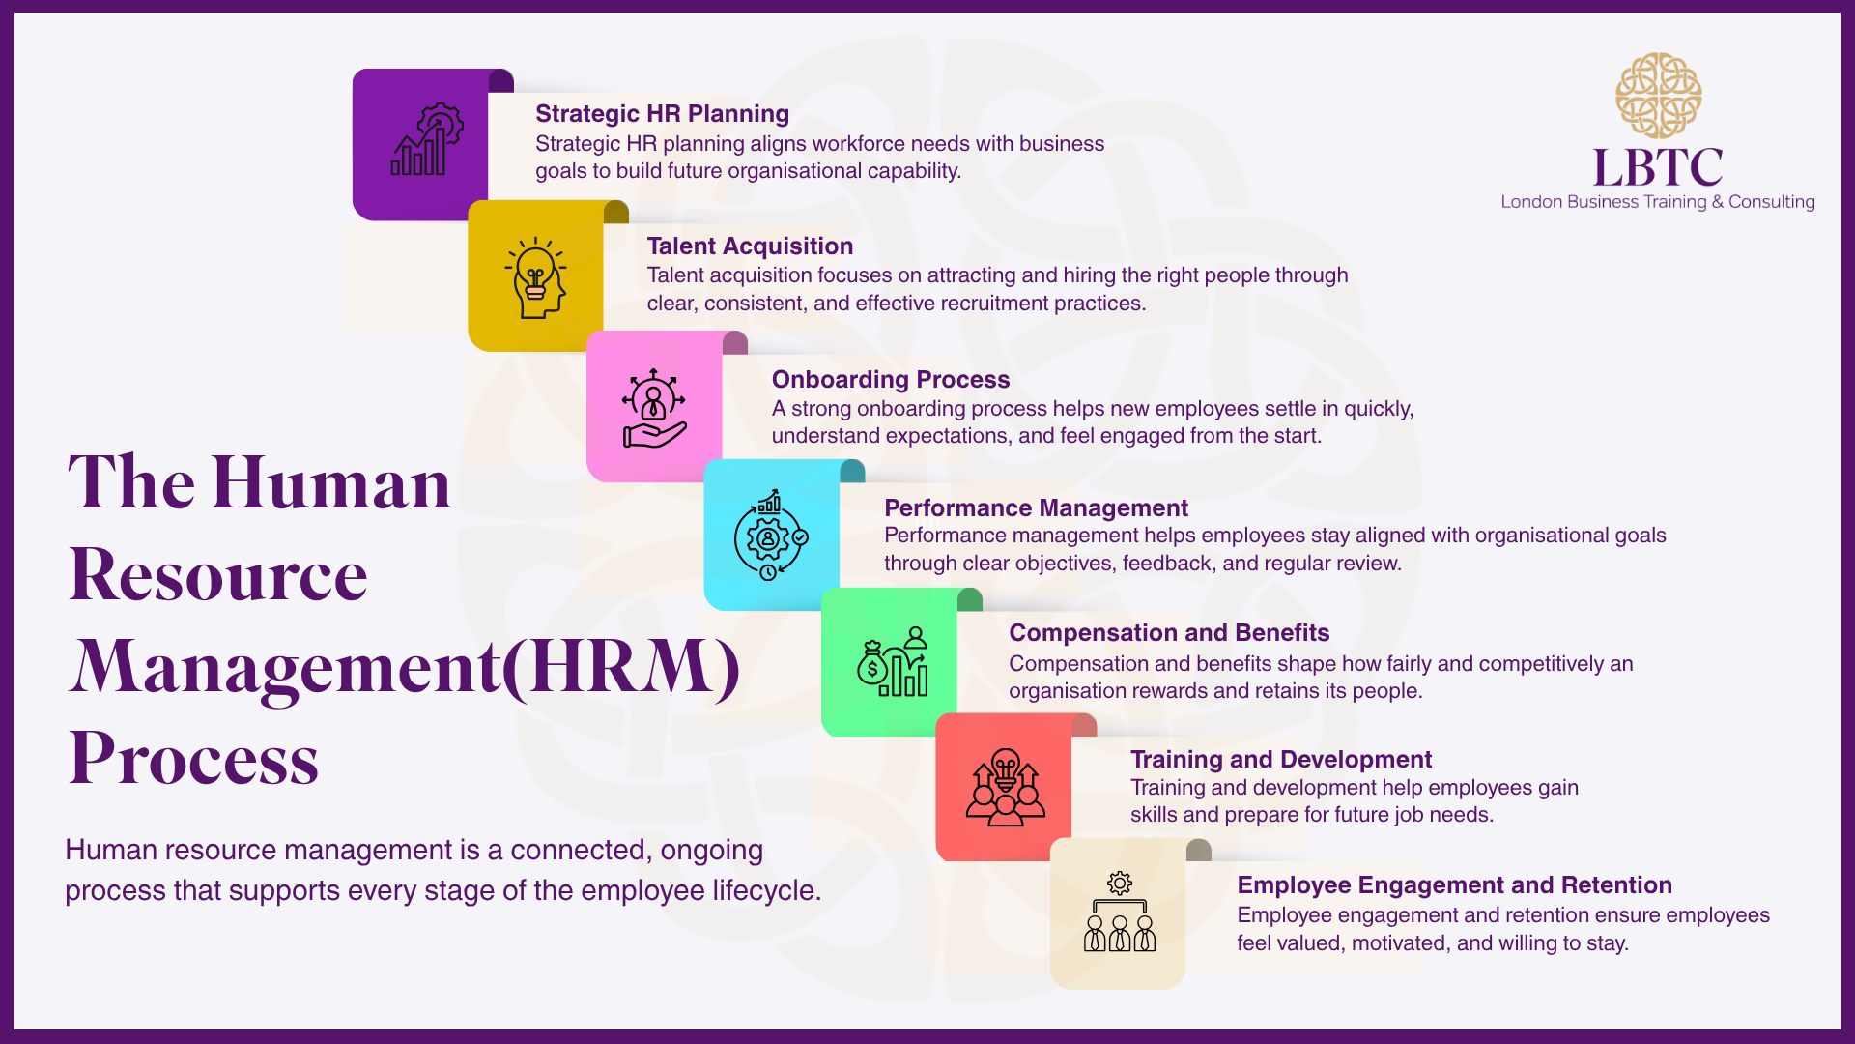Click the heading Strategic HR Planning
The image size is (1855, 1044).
click(x=662, y=114)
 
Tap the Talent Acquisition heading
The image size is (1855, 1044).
click(x=750, y=246)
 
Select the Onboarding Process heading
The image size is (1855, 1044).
click(x=890, y=380)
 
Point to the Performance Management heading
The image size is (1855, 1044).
click(x=1036, y=508)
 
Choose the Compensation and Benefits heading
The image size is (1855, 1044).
click(x=1169, y=633)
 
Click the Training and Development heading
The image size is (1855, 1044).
click(x=1280, y=760)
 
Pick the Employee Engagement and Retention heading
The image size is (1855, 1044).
click(x=1454, y=885)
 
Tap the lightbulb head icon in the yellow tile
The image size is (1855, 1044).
click(x=535, y=277)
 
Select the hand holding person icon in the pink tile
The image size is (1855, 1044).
click(x=654, y=408)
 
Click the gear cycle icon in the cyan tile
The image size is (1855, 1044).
click(x=770, y=535)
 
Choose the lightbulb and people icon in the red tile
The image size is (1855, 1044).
click(x=1005, y=787)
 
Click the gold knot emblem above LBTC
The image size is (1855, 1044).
click(x=1658, y=96)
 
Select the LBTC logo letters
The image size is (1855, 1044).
click(x=1658, y=168)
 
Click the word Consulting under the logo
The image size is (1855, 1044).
click(x=1771, y=202)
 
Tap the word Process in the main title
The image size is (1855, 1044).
click(x=194, y=759)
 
